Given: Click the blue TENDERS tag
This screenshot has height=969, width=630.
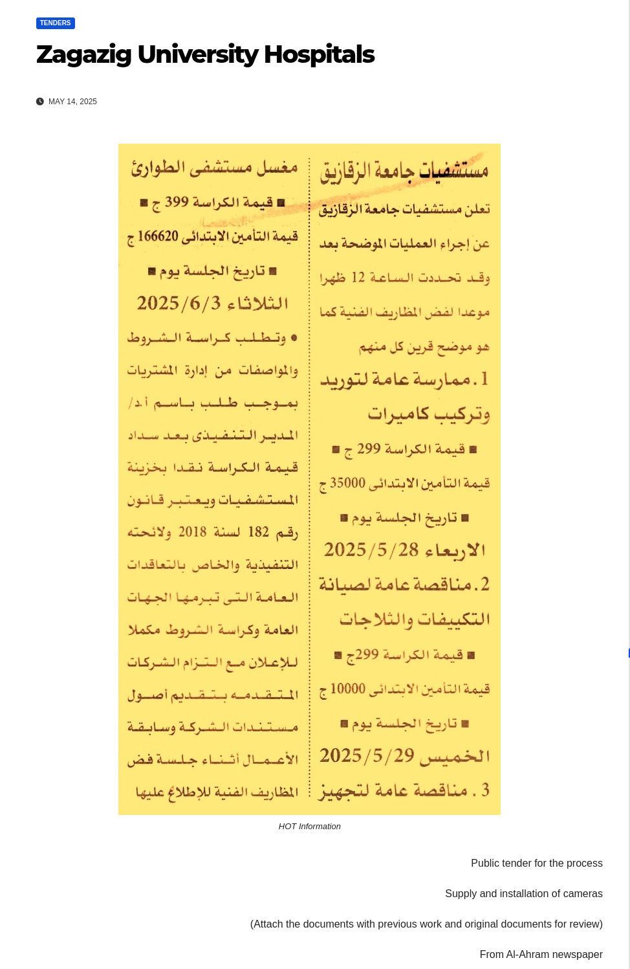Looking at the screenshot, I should pos(56,23).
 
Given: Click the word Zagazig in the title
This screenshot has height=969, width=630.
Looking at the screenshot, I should pos(84,54).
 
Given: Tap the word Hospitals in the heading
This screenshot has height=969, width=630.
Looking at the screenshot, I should pos(319,54).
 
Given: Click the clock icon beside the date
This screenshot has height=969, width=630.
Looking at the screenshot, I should pos(40,102).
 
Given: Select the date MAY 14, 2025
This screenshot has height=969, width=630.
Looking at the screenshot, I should pos(72,102).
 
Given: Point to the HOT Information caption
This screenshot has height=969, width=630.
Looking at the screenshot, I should pos(309,827).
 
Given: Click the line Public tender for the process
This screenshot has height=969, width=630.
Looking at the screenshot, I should pos(536,863).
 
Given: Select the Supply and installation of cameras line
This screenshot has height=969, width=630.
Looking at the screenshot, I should pos(523,894).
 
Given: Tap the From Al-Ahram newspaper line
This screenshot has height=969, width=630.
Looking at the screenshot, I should pos(541,955).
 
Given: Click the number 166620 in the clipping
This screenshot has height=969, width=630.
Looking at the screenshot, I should pos(158,236).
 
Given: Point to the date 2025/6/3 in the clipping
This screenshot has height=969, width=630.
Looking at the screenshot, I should pos(179,303).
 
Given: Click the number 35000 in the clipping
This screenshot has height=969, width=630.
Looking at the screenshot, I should pos(347,483).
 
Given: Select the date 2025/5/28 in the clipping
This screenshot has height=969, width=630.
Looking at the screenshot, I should pos(371,550).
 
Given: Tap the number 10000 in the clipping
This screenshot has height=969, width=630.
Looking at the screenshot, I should pos(348,689).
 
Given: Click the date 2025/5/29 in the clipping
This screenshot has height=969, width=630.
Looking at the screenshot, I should pos(367,755).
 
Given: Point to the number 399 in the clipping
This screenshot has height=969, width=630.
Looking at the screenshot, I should pos(177,202).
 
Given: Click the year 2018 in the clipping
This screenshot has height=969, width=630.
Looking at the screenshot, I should pos(192,532).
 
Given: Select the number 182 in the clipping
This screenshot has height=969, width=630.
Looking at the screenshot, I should pos(258,532).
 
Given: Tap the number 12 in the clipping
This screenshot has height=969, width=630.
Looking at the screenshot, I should pos(358,278).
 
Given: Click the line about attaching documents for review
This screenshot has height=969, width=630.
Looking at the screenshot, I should pos(426,924).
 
